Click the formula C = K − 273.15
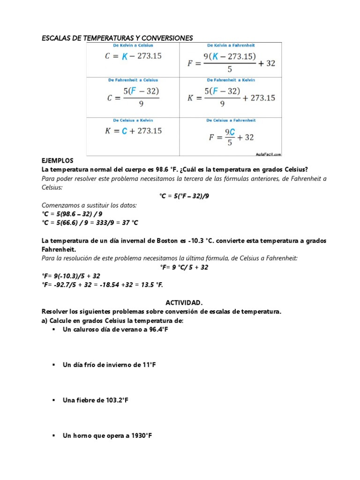133,56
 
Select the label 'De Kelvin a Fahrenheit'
231,45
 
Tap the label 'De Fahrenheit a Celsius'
133,80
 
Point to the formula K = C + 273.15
133,131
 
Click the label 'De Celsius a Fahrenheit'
231,120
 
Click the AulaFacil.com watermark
269,153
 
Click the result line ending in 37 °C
90,222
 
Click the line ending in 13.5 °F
102,285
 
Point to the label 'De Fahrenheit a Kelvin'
231,80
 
